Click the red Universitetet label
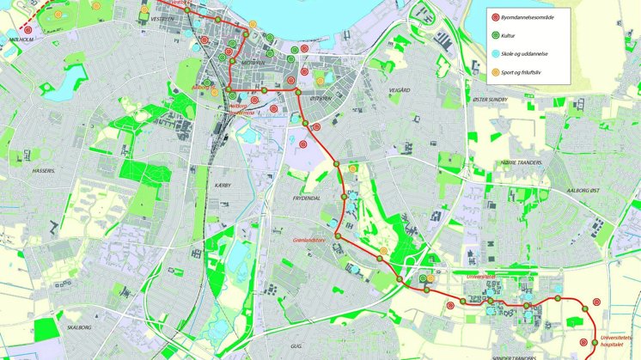pos(482,277)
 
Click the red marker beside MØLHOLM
pos(28,29)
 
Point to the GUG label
pos(296,345)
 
